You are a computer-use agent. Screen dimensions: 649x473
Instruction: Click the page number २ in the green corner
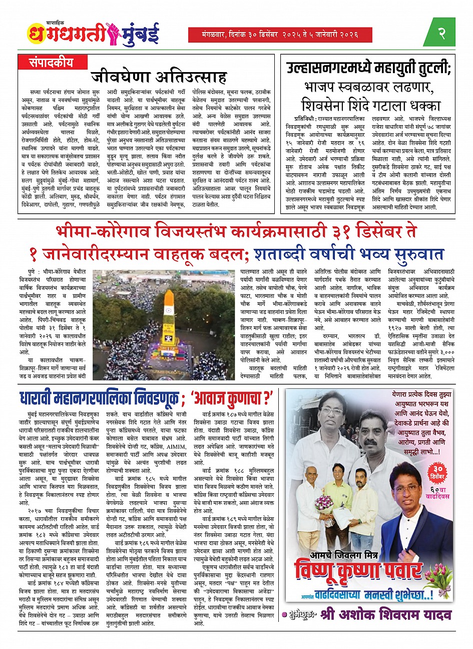click(x=441, y=34)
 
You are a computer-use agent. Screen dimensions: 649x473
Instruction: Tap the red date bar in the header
click(x=280, y=35)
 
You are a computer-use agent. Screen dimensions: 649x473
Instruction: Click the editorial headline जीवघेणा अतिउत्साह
click(x=159, y=78)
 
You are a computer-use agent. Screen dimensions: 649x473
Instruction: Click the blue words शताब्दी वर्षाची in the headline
click(x=319, y=256)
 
